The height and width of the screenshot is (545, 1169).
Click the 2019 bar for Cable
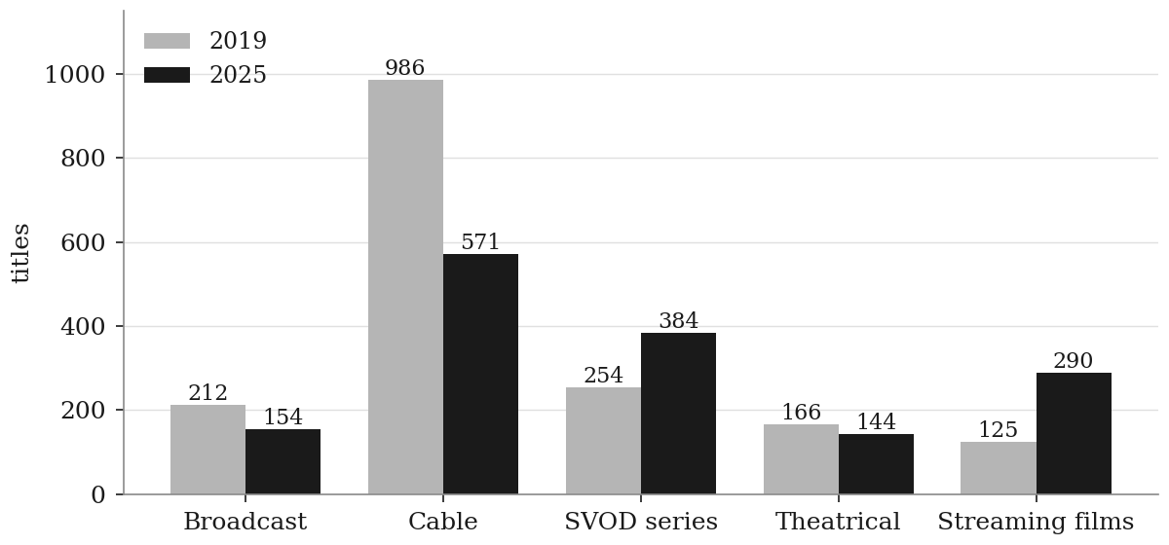[405, 287]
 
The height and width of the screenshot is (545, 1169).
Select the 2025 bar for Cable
[480, 374]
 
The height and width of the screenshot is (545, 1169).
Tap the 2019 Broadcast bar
[207, 450]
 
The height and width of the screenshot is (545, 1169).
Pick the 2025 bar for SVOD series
[678, 413]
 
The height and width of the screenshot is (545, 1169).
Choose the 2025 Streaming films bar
[1074, 433]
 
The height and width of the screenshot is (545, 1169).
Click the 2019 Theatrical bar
[801, 459]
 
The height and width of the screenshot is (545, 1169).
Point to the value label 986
[405, 68]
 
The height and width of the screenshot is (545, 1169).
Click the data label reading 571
[480, 242]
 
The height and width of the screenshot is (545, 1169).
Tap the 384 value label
[678, 321]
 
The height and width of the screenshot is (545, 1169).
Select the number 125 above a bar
[998, 430]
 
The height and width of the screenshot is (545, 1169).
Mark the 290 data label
[1073, 361]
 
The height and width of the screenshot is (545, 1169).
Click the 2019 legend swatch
[167, 41]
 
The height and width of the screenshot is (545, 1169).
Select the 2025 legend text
[238, 75]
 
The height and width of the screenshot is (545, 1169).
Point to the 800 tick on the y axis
[83, 158]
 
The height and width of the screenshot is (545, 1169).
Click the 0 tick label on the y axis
[98, 495]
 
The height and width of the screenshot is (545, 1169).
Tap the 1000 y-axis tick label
[75, 75]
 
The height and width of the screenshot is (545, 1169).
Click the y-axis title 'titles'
[20, 253]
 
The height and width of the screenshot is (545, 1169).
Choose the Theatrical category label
[838, 522]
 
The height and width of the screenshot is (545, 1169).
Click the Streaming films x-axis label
[1036, 522]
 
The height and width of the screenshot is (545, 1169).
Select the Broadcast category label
[245, 522]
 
